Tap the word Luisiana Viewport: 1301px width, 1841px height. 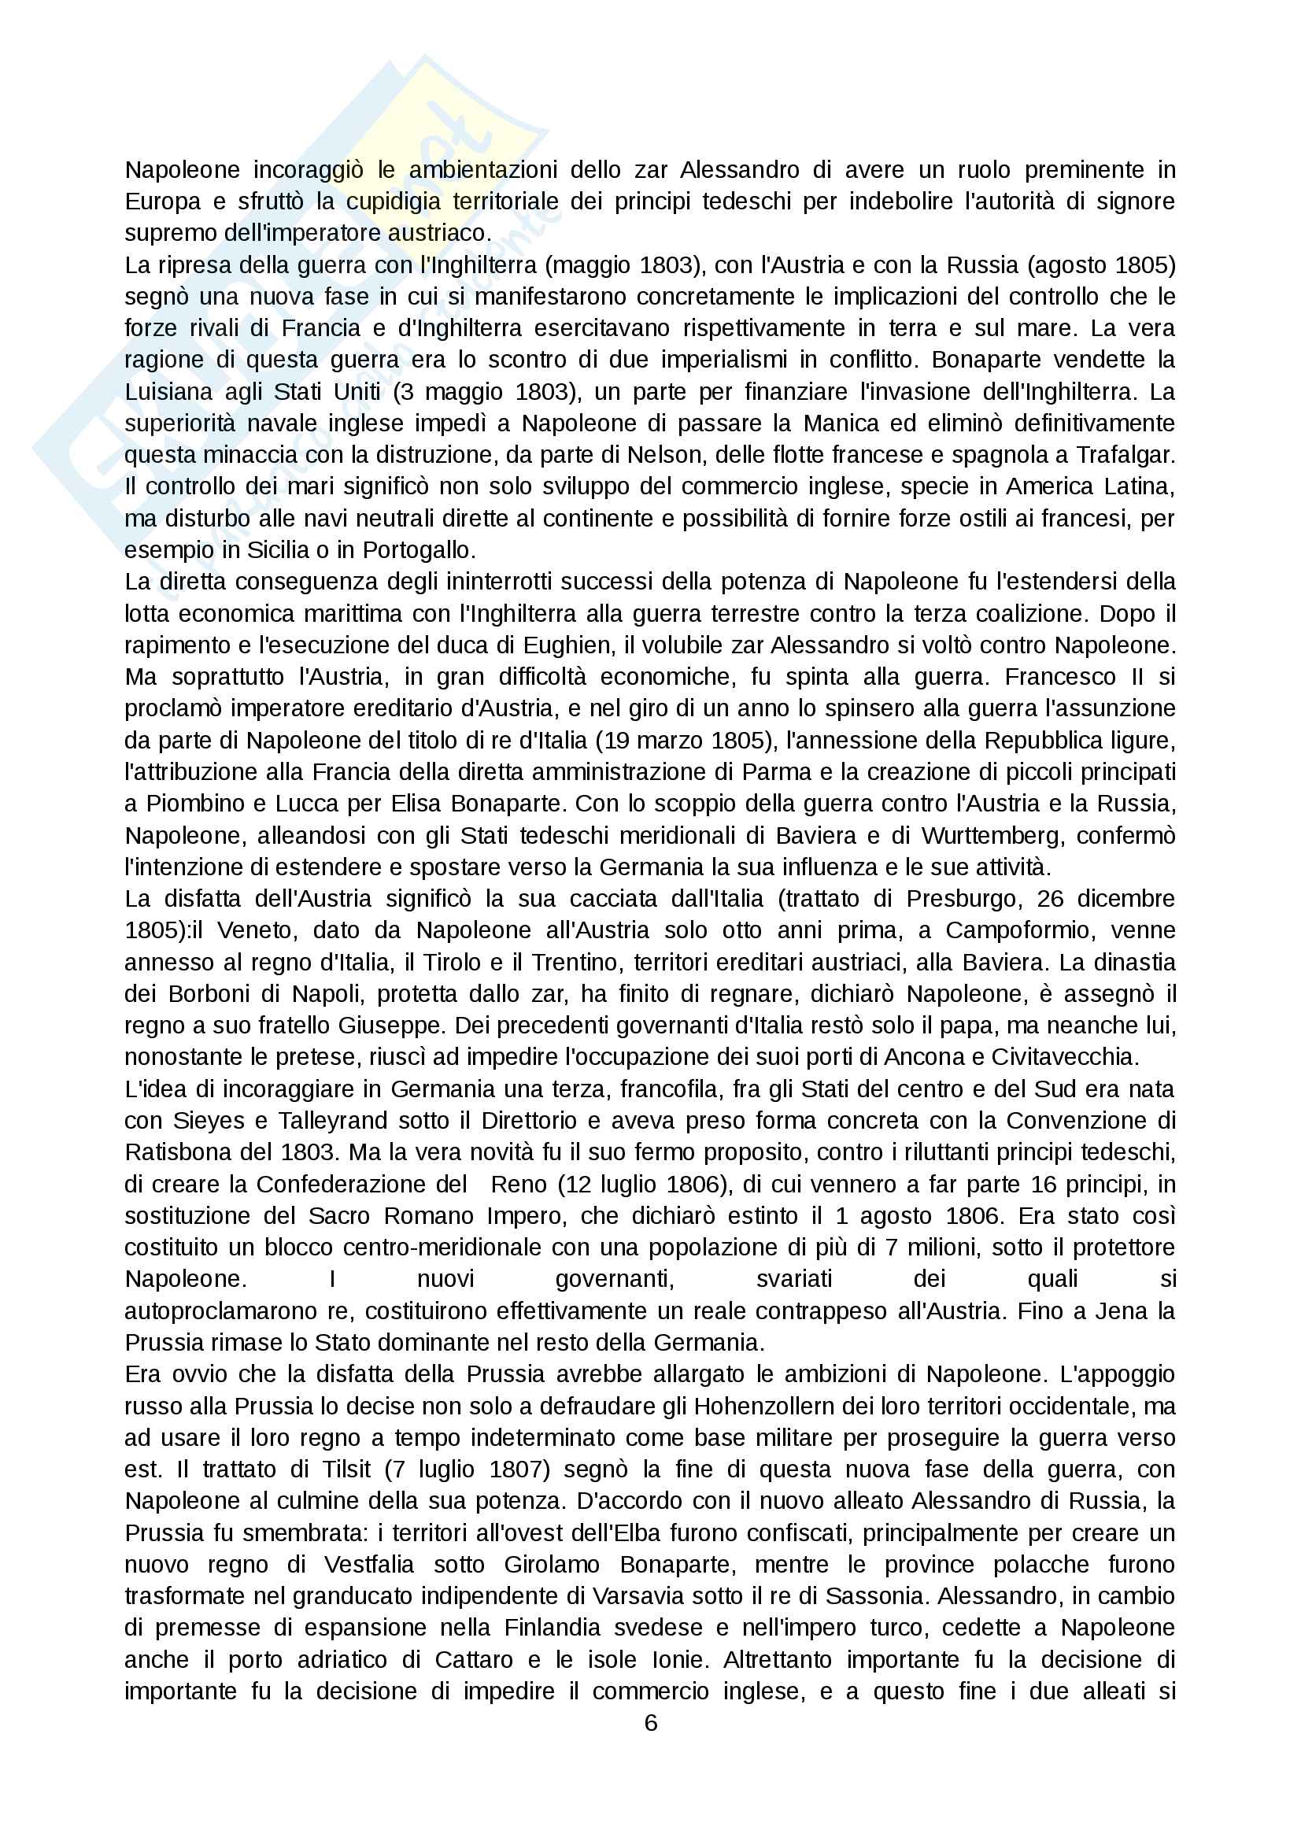click(x=168, y=391)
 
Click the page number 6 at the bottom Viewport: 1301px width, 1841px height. click(x=651, y=1723)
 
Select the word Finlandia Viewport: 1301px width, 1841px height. click(x=553, y=1628)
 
